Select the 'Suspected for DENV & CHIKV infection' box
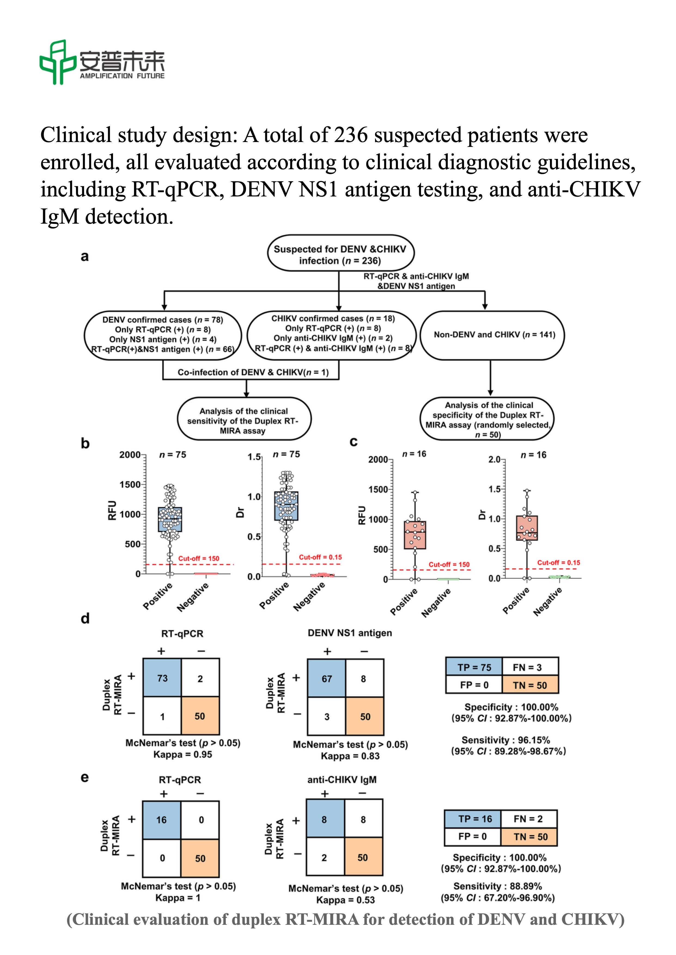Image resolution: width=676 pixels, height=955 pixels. [340, 253]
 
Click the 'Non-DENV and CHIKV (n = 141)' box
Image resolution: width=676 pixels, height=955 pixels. [492, 335]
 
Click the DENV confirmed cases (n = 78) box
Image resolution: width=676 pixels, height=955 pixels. [163, 335]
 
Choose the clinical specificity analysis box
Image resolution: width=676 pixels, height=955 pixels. [488, 418]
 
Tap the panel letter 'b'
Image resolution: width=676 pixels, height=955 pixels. [85, 443]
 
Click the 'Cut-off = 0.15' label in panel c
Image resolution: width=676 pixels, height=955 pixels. [559, 562]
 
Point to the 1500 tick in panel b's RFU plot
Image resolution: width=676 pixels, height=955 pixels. [130, 485]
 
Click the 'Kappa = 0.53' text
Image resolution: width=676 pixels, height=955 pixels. [346, 900]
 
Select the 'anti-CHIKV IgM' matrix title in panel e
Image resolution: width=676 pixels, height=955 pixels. [342, 780]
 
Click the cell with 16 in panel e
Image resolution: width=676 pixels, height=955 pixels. [162, 820]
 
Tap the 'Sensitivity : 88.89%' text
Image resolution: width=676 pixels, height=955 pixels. [498, 886]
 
